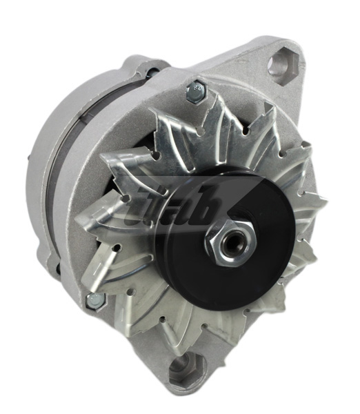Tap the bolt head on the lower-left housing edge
[93, 299]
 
